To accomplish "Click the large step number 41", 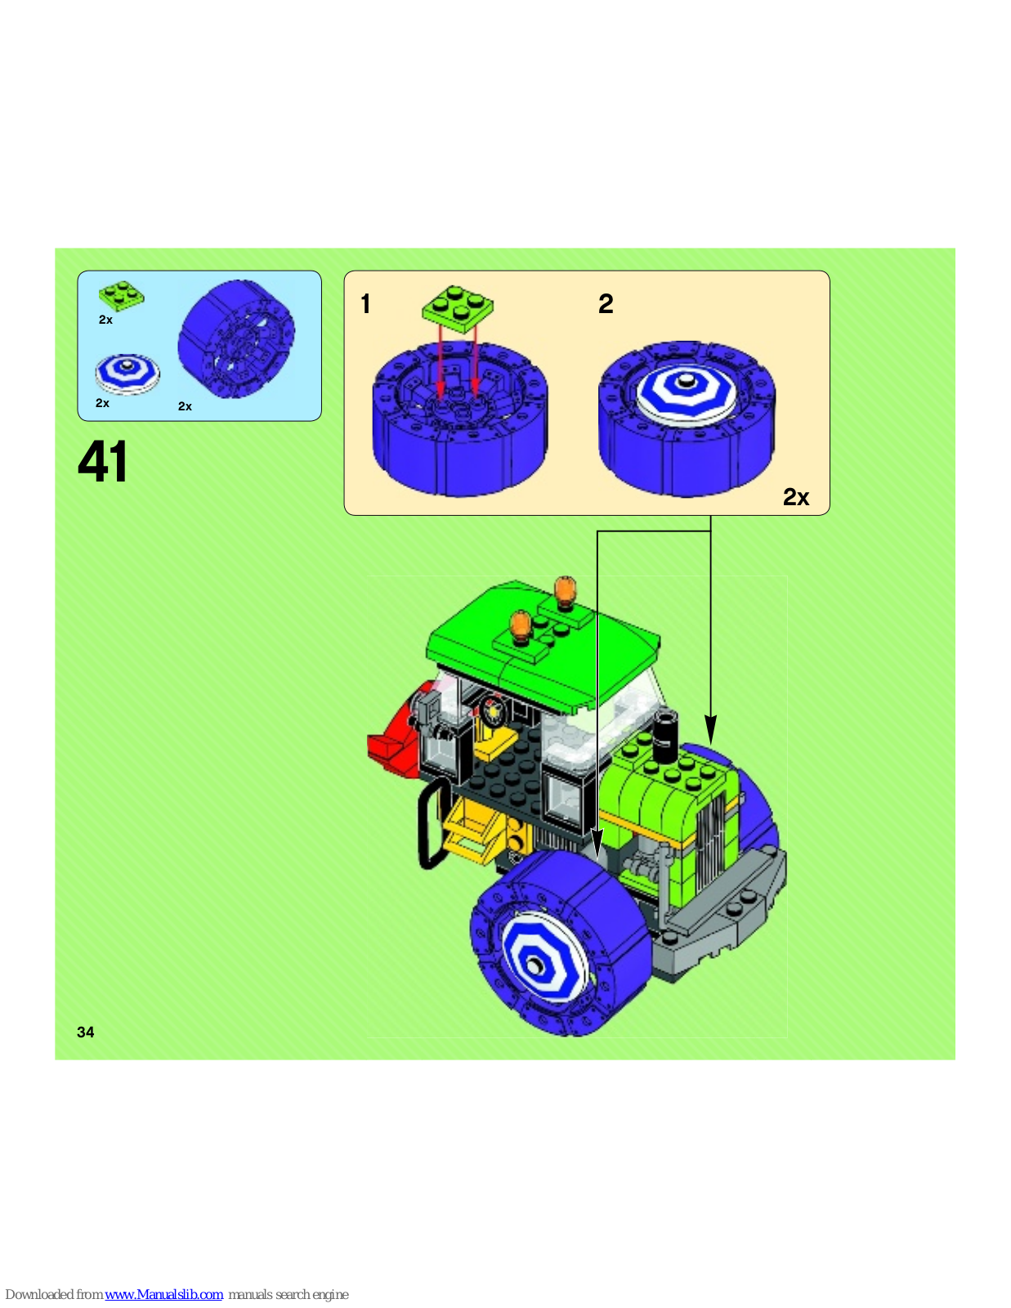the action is click(x=102, y=461).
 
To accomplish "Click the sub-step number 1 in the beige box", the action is click(x=365, y=303).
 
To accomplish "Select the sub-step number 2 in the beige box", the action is click(x=606, y=303).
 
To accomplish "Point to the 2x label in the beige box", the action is click(x=795, y=496).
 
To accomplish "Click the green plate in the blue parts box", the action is click(x=122, y=296).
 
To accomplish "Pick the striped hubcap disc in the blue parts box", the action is click(x=127, y=374).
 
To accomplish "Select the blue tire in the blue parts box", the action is click(x=236, y=338).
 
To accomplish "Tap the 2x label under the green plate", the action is click(x=105, y=320).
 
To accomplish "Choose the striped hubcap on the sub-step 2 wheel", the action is click(x=687, y=390).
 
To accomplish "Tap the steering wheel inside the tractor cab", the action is click(x=494, y=711).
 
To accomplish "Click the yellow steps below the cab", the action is click(x=472, y=831).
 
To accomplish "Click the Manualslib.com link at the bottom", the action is click(x=163, y=1294).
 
